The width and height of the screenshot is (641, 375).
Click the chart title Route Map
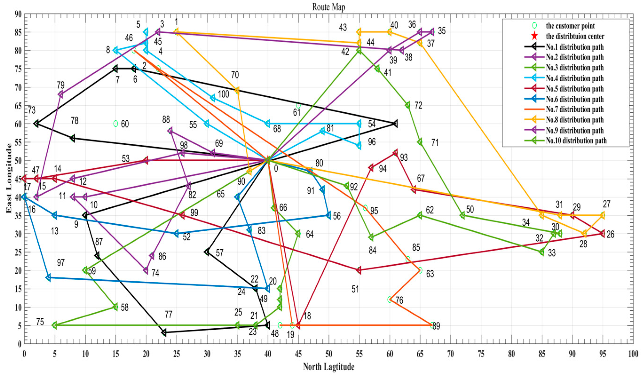(328, 7)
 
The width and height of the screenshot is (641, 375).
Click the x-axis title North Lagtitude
(328, 367)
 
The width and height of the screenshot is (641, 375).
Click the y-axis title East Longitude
(9, 178)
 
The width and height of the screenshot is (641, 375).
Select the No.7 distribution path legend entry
(574, 109)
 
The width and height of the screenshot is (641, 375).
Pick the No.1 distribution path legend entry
(574, 47)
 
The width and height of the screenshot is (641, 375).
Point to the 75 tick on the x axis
(481, 354)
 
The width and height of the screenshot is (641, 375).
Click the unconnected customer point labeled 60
(116, 124)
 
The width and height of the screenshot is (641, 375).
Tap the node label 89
(436, 326)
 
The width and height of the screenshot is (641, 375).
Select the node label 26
(610, 234)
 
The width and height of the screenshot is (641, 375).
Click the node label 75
(40, 322)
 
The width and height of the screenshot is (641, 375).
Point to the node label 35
(442, 31)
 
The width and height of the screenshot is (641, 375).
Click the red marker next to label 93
(395, 153)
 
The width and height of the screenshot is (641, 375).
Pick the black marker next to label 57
(207, 252)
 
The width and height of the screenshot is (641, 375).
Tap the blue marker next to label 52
(176, 233)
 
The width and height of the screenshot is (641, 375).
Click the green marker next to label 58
(115, 307)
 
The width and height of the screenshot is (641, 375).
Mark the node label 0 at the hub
(276, 168)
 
